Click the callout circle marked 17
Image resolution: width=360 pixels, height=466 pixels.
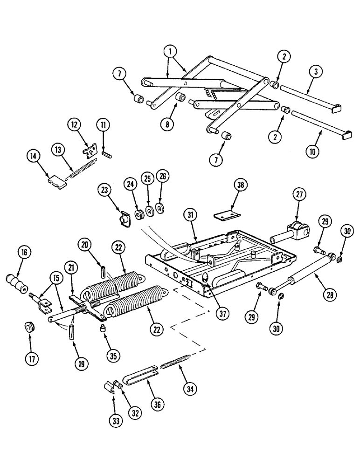[31, 359]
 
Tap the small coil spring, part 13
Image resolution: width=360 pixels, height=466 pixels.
[83, 169]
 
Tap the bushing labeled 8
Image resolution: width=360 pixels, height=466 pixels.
[180, 98]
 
